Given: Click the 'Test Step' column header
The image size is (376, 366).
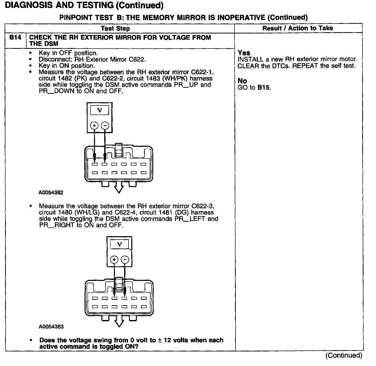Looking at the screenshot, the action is [115, 28].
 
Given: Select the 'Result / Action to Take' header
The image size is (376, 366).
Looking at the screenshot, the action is [298, 28].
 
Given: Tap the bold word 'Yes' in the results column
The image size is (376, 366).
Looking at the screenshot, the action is [244, 53].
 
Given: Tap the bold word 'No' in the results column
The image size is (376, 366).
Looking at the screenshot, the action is [242, 81].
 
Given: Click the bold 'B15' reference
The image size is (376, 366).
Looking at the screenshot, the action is [264, 87].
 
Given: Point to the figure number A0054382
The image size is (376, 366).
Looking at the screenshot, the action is [51, 192].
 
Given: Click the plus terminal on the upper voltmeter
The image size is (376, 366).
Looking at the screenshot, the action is [94, 125].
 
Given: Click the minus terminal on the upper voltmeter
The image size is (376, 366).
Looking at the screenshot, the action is [105, 125].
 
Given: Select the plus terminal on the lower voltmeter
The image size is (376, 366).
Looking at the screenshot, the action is [114, 259].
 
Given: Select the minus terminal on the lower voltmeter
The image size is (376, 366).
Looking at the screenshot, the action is [125, 259].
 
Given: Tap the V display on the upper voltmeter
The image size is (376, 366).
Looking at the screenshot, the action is [100, 110].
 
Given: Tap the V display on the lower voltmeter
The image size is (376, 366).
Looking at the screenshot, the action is [119, 244].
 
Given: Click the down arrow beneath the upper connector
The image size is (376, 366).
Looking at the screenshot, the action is [119, 187].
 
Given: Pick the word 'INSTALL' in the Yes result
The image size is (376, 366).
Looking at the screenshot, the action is [250, 59].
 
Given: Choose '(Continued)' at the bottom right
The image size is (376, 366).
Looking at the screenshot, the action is [344, 355].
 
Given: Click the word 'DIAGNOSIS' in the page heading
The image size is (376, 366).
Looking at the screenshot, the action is [29, 5].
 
